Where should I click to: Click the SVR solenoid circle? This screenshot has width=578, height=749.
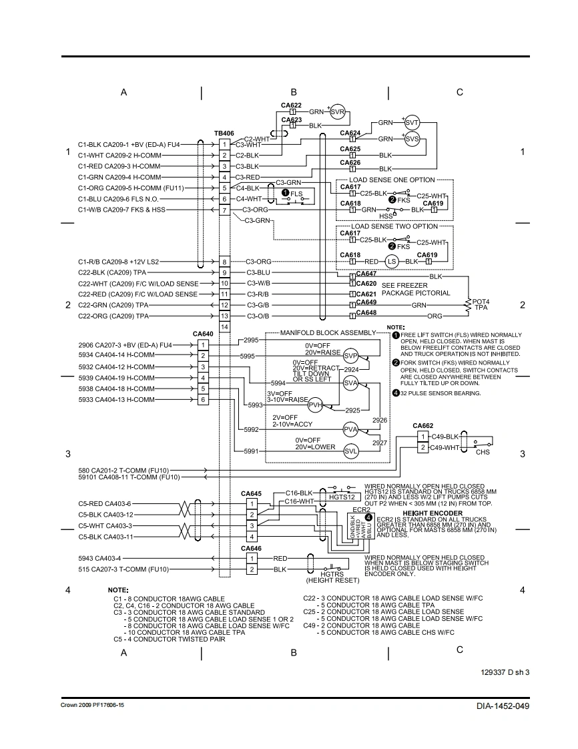pos(338,112)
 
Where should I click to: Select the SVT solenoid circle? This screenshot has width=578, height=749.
pos(412,123)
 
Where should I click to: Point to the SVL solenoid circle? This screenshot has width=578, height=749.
pos(350,451)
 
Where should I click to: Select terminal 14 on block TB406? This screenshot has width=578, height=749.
pos(224,327)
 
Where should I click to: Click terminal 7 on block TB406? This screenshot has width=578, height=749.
pos(224,210)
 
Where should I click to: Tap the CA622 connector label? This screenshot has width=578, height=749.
pos(291,105)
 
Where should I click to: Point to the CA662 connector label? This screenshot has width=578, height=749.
pos(422,425)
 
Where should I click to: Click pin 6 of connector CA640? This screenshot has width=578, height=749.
pos(202,399)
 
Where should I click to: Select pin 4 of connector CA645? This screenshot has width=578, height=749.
pos(251,537)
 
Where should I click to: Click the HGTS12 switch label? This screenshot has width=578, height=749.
pos(341,497)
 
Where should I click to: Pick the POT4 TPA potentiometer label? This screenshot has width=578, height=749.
pos(481,304)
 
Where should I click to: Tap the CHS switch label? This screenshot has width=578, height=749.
pos(482,452)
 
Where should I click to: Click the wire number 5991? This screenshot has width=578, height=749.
pos(252,451)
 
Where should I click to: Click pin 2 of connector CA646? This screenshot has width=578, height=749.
pos(251,569)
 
